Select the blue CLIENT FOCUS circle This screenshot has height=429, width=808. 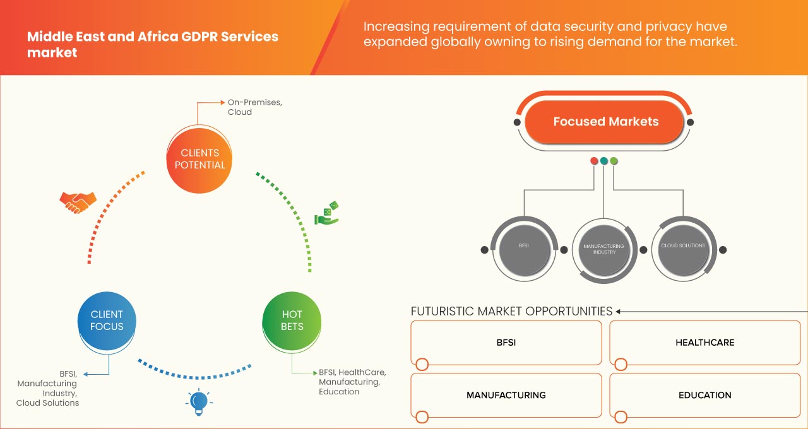coord(107,320)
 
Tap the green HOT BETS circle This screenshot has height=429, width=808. coord(292,320)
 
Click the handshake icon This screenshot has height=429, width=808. coord(78,202)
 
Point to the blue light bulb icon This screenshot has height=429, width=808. coord(199,401)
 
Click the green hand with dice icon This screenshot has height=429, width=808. coord(326,214)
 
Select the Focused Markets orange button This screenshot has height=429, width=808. coord(605,122)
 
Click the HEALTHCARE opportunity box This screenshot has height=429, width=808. coord(704,343)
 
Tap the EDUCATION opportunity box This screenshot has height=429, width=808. coord(704,396)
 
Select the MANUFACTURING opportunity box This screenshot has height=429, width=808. coord(506,396)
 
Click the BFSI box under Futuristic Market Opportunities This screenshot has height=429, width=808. coord(506,343)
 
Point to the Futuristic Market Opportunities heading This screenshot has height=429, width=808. coord(511,311)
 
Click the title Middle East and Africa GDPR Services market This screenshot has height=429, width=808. coord(152,44)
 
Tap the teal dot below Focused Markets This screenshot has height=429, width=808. coord(603,161)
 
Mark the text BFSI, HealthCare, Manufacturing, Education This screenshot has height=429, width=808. coord(352,382)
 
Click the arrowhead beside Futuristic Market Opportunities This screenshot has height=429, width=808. coord(619,311)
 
